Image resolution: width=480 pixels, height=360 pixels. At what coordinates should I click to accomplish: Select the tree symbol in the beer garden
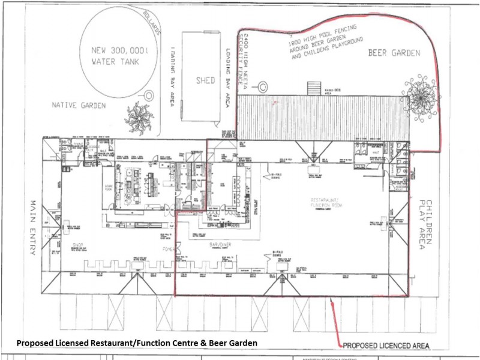[422, 93]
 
